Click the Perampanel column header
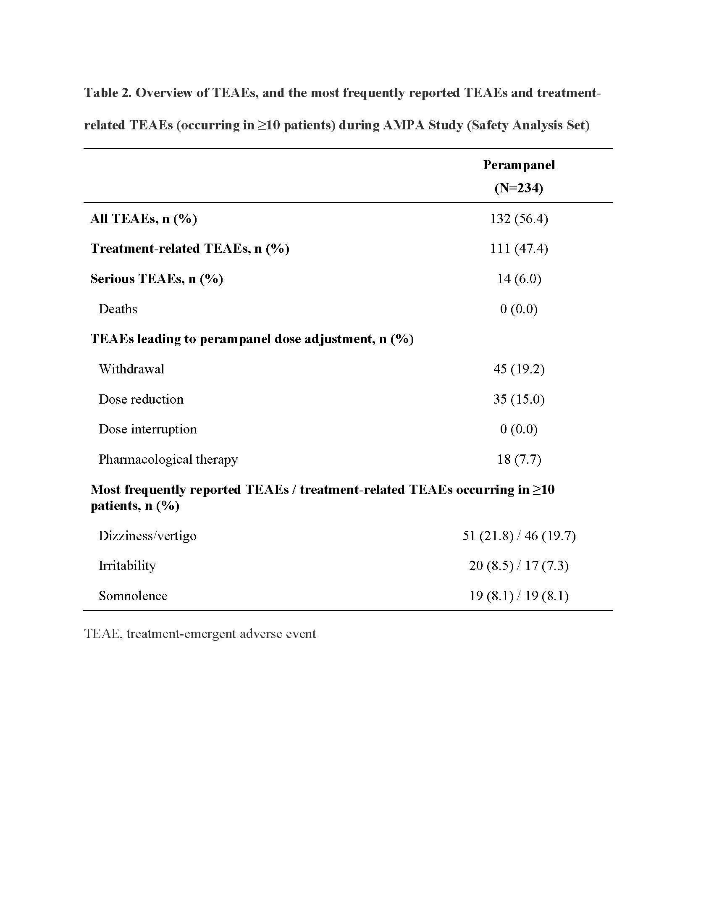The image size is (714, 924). (519, 165)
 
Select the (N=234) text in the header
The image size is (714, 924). (519, 188)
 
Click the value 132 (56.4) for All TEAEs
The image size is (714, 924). (519, 219)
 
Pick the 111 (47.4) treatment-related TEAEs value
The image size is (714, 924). (519, 248)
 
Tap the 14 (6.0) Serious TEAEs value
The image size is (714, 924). (519, 279)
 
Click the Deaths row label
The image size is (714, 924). (118, 309)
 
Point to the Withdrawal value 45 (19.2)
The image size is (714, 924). (519, 369)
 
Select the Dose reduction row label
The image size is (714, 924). (141, 399)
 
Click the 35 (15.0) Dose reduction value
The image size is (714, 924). (519, 399)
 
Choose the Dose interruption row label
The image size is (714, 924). (147, 429)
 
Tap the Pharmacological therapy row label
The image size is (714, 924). (168, 459)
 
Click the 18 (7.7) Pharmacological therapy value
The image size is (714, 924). (519, 459)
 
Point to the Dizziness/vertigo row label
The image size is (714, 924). (147, 536)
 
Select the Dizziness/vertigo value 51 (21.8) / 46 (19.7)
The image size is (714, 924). (519, 536)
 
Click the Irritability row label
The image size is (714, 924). (127, 566)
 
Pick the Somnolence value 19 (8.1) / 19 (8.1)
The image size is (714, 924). (519, 596)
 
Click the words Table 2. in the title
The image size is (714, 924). (108, 93)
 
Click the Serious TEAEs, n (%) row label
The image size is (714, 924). (157, 279)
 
